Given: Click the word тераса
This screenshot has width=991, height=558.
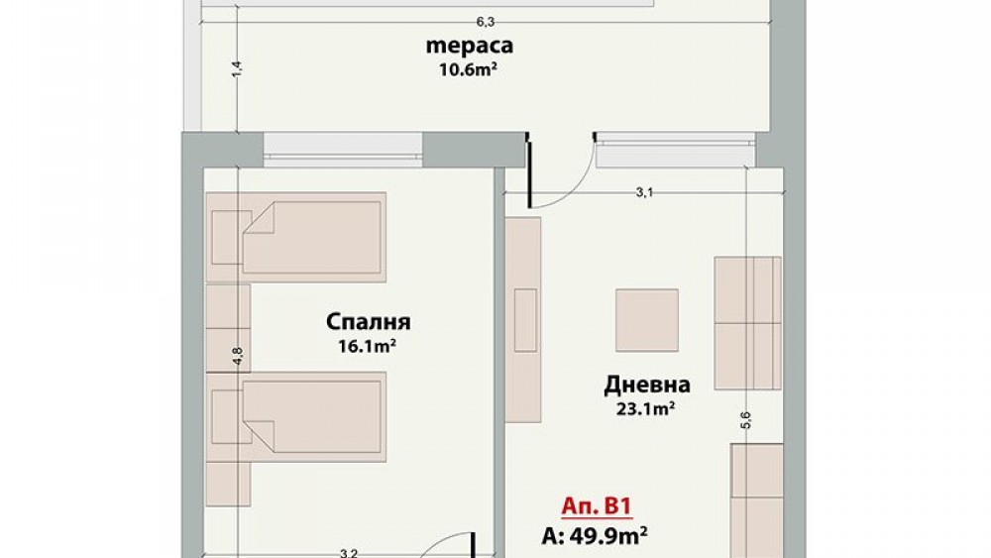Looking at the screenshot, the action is pyautogui.click(x=469, y=46).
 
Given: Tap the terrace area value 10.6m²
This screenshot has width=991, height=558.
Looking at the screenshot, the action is pyautogui.click(x=468, y=68).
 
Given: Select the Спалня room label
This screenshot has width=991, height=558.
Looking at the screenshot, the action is pyautogui.click(x=368, y=322).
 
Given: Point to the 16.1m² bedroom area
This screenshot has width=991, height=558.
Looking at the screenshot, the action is pyautogui.click(x=368, y=346).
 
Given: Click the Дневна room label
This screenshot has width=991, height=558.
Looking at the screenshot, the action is pyautogui.click(x=646, y=385).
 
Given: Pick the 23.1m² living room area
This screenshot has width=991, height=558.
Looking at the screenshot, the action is pyautogui.click(x=645, y=409).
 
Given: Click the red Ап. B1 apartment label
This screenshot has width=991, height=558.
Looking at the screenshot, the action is pyautogui.click(x=596, y=506).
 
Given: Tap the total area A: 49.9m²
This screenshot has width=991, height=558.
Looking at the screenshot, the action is pyautogui.click(x=594, y=536).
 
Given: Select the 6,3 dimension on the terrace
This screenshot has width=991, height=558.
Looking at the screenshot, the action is pyautogui.click(x=485, y=22).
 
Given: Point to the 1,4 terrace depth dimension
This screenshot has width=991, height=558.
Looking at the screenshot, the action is pyautogui.click(x=237, y=68).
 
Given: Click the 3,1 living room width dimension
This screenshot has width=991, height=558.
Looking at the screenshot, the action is pyautogui.click(x=644, y=192).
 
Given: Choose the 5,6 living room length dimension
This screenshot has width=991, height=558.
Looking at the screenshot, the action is pyautogui.click(x=746, y=419).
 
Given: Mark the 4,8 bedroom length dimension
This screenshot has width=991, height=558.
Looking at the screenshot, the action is pyautogui.click(x=238, y=356).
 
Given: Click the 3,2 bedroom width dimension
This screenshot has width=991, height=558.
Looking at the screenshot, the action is pyautogui.click(x=348, y=554).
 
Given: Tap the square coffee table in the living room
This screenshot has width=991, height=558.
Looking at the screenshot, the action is pyautogui.click(x=647, y=320).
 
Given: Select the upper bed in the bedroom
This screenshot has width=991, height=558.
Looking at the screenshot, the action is pyautogui.click(x=295, y=237).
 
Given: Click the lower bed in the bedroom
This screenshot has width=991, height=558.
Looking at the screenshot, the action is pyautogui.click(x=295, y=417).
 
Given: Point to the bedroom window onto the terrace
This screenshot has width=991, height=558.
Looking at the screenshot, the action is pyautogui.click(x=343, y=150).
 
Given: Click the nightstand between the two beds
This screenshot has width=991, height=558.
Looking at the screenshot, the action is pyautogui.click(x=228, y=327).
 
